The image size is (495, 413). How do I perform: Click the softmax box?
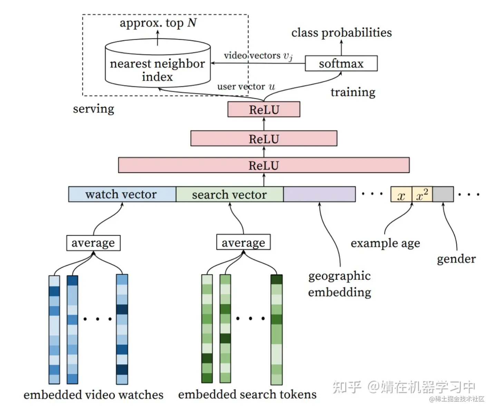[341, 64]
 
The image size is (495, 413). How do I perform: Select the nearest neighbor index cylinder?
[157, 66]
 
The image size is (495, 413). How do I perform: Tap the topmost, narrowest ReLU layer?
[264, 109]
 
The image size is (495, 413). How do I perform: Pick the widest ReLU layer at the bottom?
[264, 165]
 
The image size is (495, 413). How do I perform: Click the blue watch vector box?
[122, 194]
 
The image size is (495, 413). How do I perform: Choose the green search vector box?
[230, 194]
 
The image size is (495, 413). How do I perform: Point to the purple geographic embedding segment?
[319, 194]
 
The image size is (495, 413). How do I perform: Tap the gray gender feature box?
[443, 194]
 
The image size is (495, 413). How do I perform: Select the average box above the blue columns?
[93, 243]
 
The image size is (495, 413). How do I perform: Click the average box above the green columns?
[243, 242]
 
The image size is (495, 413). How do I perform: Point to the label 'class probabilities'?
[341, 32]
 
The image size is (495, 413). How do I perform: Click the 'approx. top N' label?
[158, 23]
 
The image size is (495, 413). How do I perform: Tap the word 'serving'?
[94, 109]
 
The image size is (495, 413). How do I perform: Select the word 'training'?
[353, 92]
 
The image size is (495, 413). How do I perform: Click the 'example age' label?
[385, 243]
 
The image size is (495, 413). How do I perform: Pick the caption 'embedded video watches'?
[93, 395]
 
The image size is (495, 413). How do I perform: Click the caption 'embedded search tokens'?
[247, 394]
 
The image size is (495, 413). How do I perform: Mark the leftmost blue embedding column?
[54, 329]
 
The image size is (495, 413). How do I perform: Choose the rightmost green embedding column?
[276, 329]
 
